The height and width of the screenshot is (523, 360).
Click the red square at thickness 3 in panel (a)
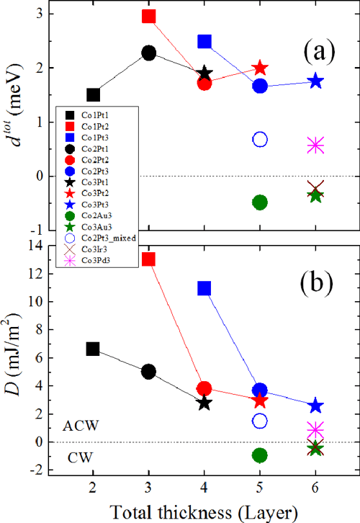(149, 16)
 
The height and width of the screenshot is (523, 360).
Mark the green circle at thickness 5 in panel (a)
(260, 202)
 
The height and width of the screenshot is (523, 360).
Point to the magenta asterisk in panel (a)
(315, 146)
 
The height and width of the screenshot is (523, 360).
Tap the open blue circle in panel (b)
(260, 421)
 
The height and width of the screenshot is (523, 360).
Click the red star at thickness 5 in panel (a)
(260, 68)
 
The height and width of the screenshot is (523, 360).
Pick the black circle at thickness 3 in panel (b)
(149, 372)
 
